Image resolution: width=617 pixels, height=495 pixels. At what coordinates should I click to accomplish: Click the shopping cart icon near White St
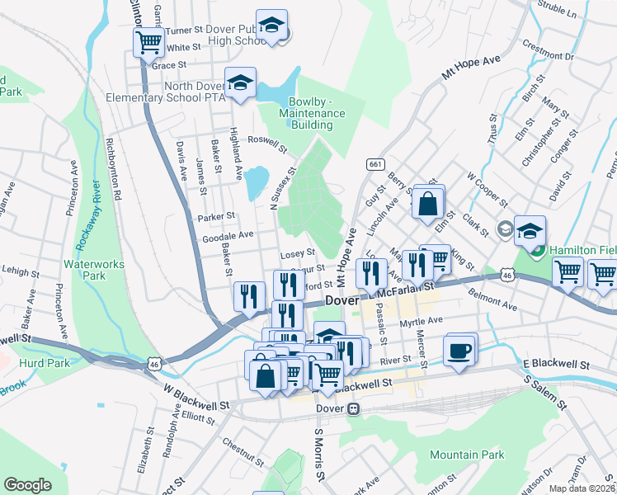coord(148,41)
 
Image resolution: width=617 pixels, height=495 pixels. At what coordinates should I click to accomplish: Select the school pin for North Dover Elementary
coord(240,83)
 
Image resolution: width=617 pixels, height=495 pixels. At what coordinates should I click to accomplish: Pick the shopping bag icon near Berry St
coord(429,203)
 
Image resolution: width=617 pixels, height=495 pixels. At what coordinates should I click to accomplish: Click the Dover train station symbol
coord(354,408)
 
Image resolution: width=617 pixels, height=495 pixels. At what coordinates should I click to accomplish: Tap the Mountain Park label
coord(466,455)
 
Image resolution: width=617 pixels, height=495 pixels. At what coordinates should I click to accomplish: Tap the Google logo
coord(27,484)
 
